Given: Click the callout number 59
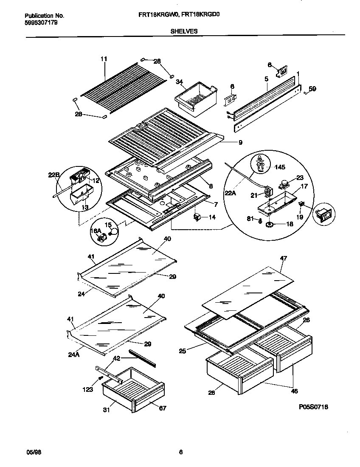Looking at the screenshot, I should click(x=312, y=89).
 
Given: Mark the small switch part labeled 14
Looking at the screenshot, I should click(x=197, y=217).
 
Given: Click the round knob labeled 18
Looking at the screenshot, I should click(x=269, y=224).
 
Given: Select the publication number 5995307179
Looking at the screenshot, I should click(x=39, y=23).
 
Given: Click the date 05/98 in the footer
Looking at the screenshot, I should click(x=32, y=452).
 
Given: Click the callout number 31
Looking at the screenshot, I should click(x=106, y=410).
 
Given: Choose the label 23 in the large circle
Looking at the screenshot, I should click(x=299, y=178).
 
